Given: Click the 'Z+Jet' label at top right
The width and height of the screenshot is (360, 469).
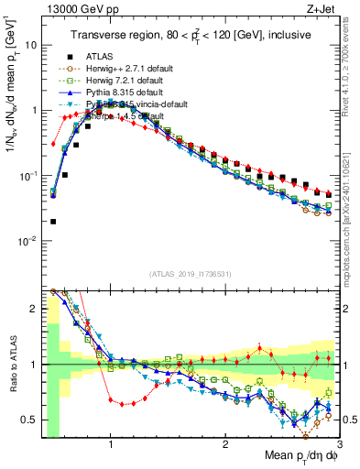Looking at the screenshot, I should tap(326, 9).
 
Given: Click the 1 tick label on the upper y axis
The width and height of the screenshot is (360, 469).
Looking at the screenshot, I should tap(34, 110).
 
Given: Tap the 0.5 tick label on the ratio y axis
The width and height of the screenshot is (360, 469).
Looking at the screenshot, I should tap(30, 420).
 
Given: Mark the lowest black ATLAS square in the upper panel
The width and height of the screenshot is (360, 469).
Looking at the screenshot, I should tap(53, 221).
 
